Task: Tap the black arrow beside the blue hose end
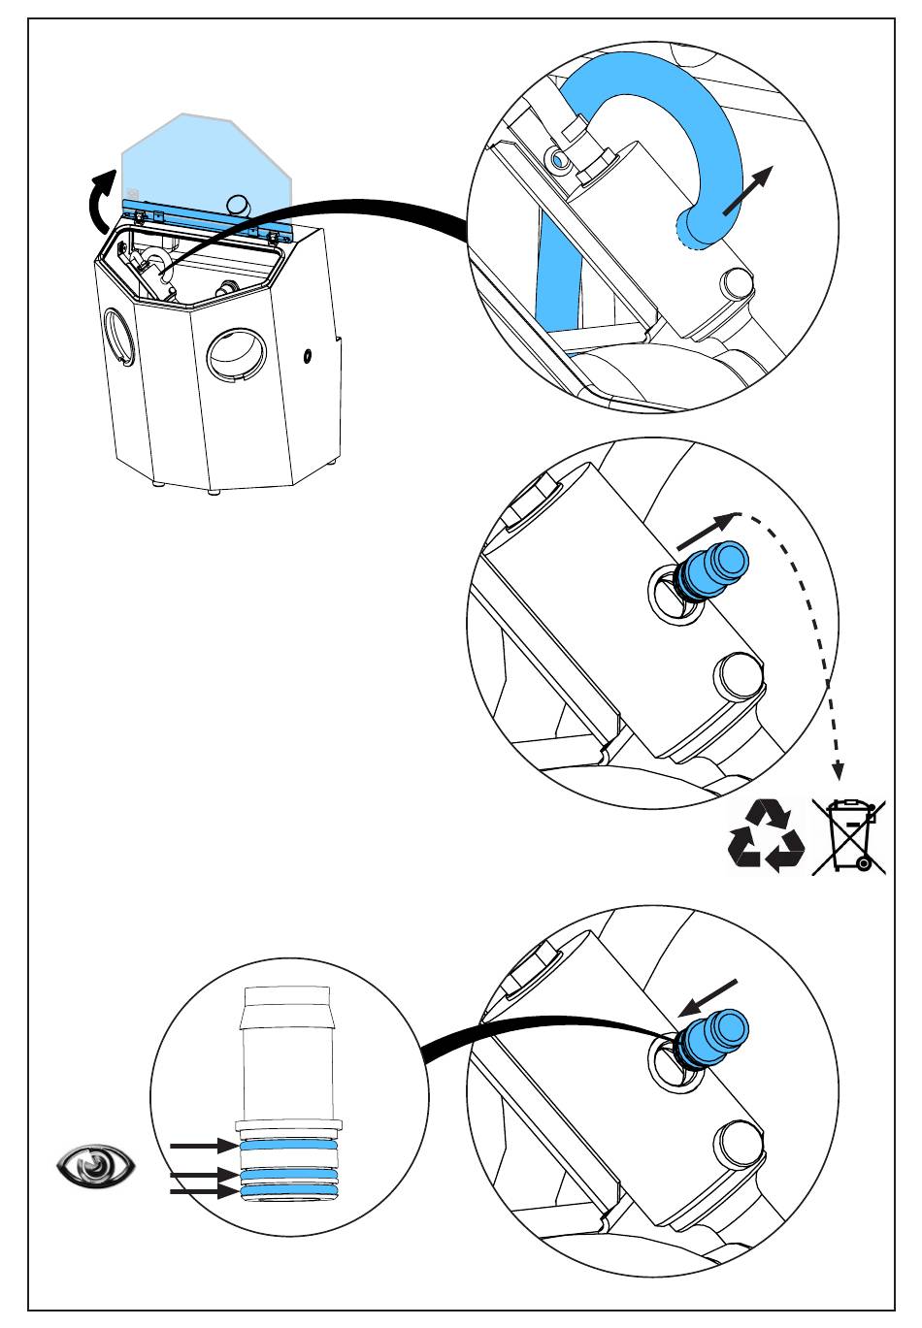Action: pyautogui.click(x=749, y=189)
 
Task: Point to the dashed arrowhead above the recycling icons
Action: pyautogui.click(x=839, y=772)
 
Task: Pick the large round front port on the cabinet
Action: pyautogui.click(x=237, y=357)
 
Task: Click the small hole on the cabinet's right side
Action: pyautogui.click(x=308, y=356)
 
